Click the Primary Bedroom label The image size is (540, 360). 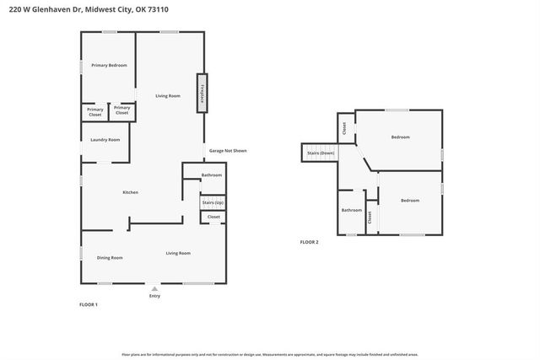(x=109, y=65)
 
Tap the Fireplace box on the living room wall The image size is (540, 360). (x=202, y=92)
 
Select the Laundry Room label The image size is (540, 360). (x=105, y=139)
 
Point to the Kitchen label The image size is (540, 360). (x=130, y=192)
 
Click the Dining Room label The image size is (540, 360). (x=110, y=257)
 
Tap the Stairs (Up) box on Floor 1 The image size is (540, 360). (x=213, y=202)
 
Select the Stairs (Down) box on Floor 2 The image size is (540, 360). (x=320, y=153)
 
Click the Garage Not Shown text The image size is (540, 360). (x=228, y=151)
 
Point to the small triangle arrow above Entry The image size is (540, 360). (x=154, y=288)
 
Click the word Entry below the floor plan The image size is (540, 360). (x=154, y=296)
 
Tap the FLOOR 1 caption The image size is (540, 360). (x=89, y=304)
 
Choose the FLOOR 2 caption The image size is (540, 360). (x=309, y=242)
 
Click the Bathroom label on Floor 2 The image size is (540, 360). (x=351, y=210)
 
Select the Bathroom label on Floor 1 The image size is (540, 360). (x=212, y=175)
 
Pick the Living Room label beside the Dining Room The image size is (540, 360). (x=177, y=253)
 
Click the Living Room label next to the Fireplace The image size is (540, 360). (x=168, y=95)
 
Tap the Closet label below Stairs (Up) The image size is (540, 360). (x=213, y=217)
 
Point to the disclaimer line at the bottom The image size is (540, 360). (x=269, y=354)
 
